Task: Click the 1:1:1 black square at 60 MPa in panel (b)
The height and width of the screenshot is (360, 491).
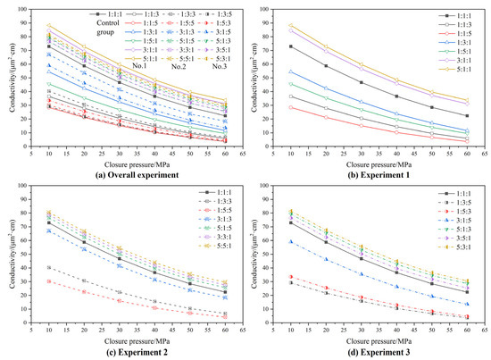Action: [468, 115]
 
